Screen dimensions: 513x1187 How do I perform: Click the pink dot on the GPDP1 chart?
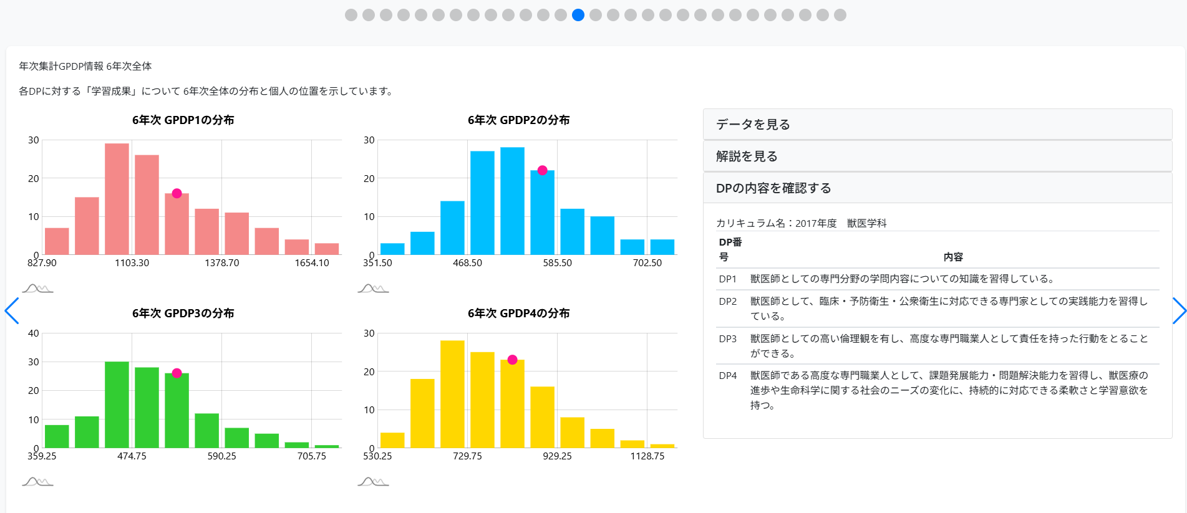pyautogui.click(x=177, y=193)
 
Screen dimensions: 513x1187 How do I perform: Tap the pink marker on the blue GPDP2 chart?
pyautogui.click(x=542, y=170)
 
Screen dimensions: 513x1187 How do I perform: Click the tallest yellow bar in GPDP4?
pyautogui.click(x=452, y=393)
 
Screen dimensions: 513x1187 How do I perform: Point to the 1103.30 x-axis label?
pyautogui.click(x=132, y=263)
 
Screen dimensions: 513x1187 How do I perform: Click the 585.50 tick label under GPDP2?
pyautogui.click(x=557, y=263)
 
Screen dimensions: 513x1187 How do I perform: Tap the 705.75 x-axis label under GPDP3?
pyautogui.click(x=311, y=456)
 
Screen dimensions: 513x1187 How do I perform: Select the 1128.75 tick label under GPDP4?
pyautogui.click(x=647, y=456)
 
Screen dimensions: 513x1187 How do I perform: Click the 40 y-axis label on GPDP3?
pyautogui.click(x=34, y=333)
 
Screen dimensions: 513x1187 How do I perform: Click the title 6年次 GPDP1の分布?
pyautogui.click(x=183, y=120)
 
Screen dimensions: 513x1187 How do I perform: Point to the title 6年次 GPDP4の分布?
pyautogui.click(x=518, y=314)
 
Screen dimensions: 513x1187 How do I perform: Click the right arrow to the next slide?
pyautogui.click(x=1178, y=311)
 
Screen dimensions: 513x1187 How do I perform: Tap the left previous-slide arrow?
pyautogui.click(x=12, y=311)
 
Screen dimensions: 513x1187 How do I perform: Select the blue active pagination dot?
pyautogui.click(x=578, y=15)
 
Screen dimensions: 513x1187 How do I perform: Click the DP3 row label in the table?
pyautogui.click(x=727, y=338)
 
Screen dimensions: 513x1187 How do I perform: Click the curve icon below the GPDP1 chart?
pyautogui.click(x=37, y=289)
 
